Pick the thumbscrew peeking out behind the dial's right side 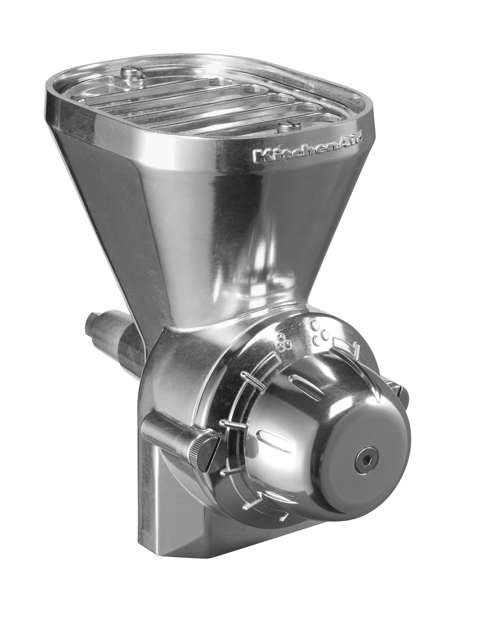[401, 391]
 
